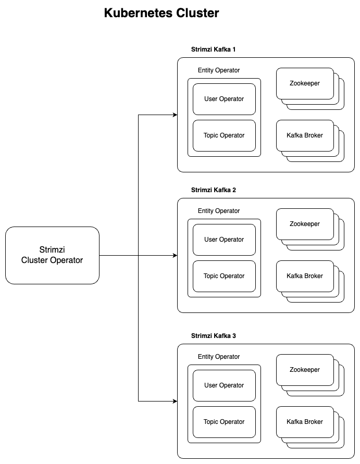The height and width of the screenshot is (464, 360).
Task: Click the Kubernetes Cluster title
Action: click(x=162, y=14)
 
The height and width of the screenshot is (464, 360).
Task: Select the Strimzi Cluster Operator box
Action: click(x=52, y=255)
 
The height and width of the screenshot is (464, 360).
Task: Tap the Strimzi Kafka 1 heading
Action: click(x=214, y=49)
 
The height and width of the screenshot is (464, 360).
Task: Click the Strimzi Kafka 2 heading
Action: click(x=214, y=190)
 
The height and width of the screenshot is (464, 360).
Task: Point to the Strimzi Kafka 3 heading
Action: click(x=214, y=336)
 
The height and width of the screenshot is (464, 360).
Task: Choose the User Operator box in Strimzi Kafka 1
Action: click(x=224, y=99)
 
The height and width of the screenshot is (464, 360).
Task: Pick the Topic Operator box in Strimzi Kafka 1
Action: click(x=224, y=135)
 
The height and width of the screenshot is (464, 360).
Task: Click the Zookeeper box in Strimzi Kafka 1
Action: click(x=305, y=83)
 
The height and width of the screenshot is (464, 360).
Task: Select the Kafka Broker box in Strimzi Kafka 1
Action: click(x=305, y=135)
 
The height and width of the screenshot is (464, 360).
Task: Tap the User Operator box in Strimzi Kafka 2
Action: click(x=224, y=240)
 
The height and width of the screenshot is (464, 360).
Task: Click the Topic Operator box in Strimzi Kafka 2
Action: click(x=224, y=276)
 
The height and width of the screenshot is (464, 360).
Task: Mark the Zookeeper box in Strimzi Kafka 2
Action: click(x=305, y=224)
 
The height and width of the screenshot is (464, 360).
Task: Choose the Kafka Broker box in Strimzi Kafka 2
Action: click(x=305, y=276)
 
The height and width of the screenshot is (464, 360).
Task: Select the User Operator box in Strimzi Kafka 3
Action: click(x=224, y=385)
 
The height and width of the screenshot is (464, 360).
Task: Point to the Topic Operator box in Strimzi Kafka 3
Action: click(x=224, y=422)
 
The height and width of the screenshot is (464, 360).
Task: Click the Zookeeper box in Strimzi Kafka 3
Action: click(x=305, y=370)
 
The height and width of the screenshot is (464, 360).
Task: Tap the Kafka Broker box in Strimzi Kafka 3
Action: click(x=305, y=422)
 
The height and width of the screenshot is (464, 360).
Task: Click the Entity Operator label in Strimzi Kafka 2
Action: click(x=219, y=211)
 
